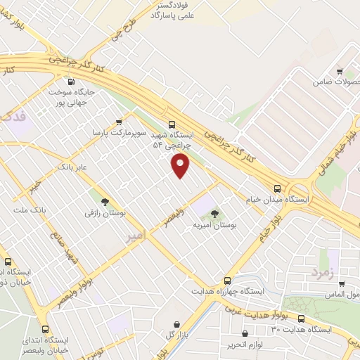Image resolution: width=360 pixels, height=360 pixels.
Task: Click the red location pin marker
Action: click(x=181, y=166)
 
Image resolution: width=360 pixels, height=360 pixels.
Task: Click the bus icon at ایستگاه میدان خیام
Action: click(x=277, y=188)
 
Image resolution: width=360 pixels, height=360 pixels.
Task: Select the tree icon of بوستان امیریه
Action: click(x=214, y=214)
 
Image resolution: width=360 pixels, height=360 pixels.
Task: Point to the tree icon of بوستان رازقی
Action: click(x=105, y=201)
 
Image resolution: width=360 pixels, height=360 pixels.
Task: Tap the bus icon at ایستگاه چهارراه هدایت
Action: click(x=226, y=279)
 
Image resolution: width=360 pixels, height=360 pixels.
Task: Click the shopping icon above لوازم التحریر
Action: click(x=244, y=333)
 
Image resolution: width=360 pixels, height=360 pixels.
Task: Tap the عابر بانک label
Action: click(x=72, y=167)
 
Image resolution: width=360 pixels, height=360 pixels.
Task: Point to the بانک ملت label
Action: click(x=30, y=210)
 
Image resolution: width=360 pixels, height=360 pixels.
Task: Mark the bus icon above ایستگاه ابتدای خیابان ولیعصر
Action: click(x=46, y=329)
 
